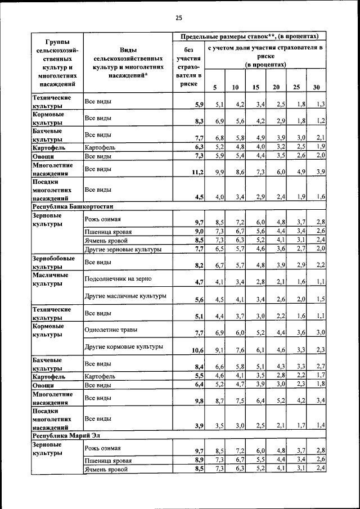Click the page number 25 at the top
(x=179, y=18)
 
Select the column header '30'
(x=317, y=87)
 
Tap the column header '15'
(x=255, y=87)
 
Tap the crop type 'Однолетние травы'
(x=111, y=330)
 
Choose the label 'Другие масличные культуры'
(x=125, y=295)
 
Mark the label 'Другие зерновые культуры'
(x=123, y=249)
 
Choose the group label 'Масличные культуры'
(x=51, y=280)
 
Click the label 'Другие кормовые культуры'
(x=124, y=346)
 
